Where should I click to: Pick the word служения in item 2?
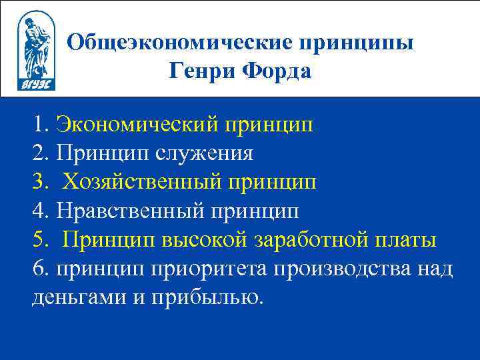[205, 153]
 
